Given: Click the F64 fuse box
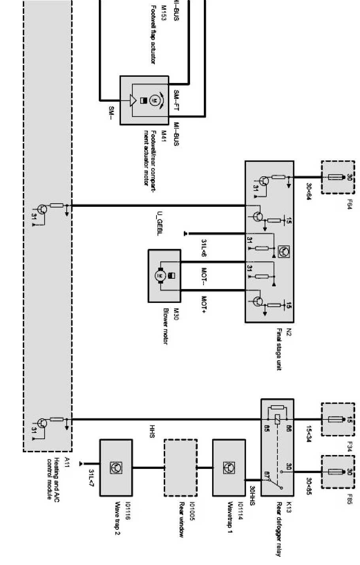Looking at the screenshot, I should pos(337,177).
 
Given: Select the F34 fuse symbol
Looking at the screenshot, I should pos(337,419).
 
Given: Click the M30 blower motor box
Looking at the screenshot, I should pos(164,276).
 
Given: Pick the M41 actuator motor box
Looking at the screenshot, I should pos(144,100).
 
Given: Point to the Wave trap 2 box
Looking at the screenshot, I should pos(116,468).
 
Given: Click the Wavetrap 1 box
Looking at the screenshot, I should pos(229,468).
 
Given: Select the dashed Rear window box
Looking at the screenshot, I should pos(181,468).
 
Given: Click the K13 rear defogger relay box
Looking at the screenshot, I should pos(277,447).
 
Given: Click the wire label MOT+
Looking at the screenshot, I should pos(204,304).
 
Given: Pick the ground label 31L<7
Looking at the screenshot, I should pos(92,479).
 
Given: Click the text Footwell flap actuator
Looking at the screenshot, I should pos(153,40).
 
